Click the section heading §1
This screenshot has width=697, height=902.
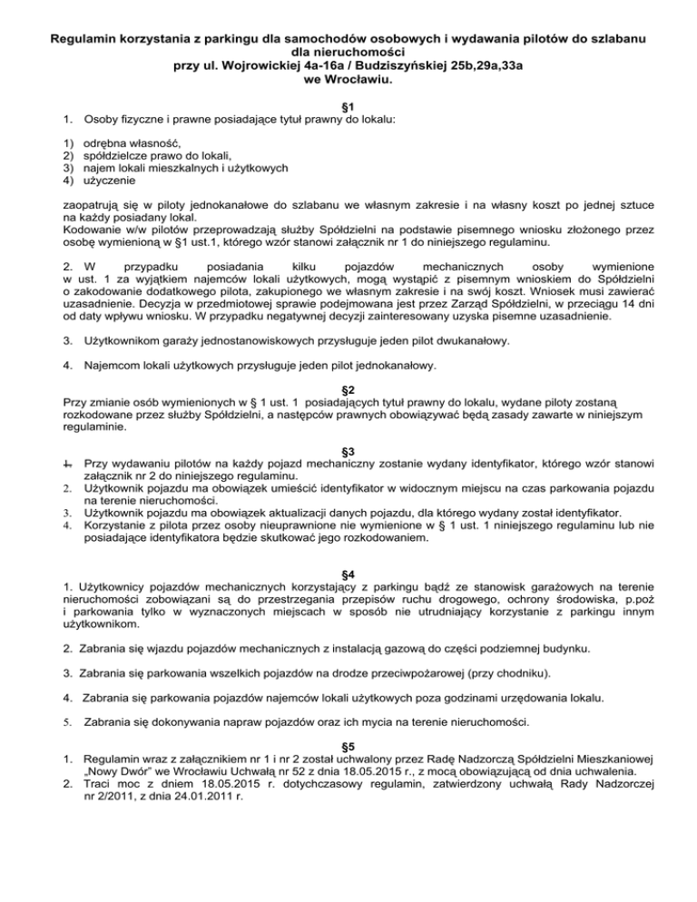tap(348, 106)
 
